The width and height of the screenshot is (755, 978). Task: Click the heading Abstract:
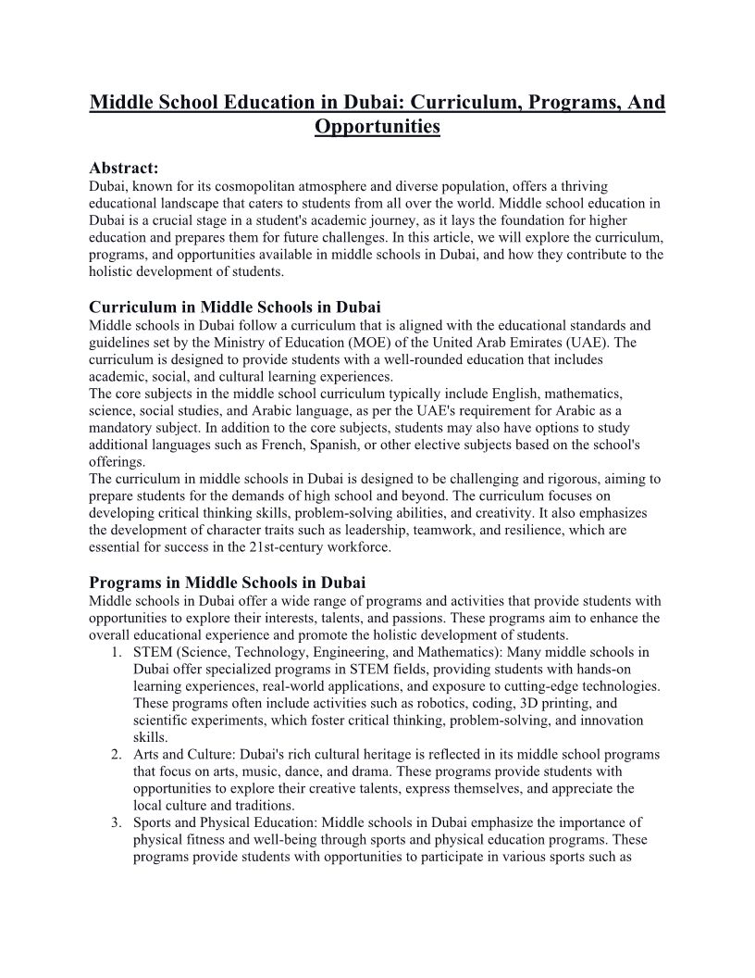pos(124,169)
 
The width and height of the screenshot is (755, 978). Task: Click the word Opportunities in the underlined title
pos(377,125)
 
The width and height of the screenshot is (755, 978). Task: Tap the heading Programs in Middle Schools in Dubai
pos(228,583)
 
